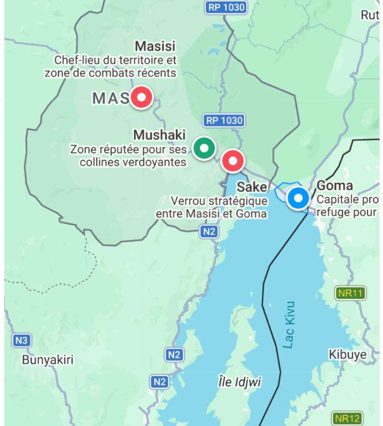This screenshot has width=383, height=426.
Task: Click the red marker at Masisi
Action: tap(142, 97)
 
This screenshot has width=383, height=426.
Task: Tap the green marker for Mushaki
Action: tap(204, 148)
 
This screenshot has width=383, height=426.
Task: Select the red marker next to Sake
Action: tap(233, 160)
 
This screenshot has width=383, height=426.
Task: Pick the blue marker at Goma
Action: tap(298, 198)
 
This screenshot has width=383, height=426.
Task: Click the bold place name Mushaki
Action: tap(160, 135)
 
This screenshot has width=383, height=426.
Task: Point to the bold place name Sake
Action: tap(251, 187)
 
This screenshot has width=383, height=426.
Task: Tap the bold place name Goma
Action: tap(334, 186)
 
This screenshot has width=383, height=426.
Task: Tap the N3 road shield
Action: tap(21, 340)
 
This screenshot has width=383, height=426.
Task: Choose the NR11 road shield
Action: tap(351, 293)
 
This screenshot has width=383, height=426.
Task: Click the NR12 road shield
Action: tap(347, 418)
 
